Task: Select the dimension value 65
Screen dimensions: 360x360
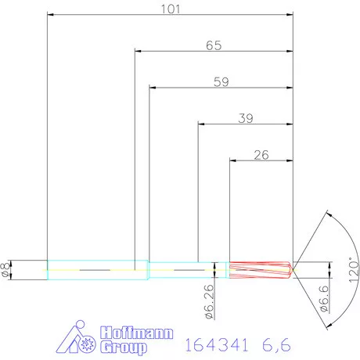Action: [213, 45]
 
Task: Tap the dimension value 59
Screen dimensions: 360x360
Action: [221, 81]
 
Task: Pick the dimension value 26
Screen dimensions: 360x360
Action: [261, 154]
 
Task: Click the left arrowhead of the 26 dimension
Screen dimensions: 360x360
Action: [232, 160]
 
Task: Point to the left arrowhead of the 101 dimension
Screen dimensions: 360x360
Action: [51, 14]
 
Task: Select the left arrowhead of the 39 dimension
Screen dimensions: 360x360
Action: [201, 124]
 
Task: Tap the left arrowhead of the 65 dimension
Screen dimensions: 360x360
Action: [139, 51]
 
